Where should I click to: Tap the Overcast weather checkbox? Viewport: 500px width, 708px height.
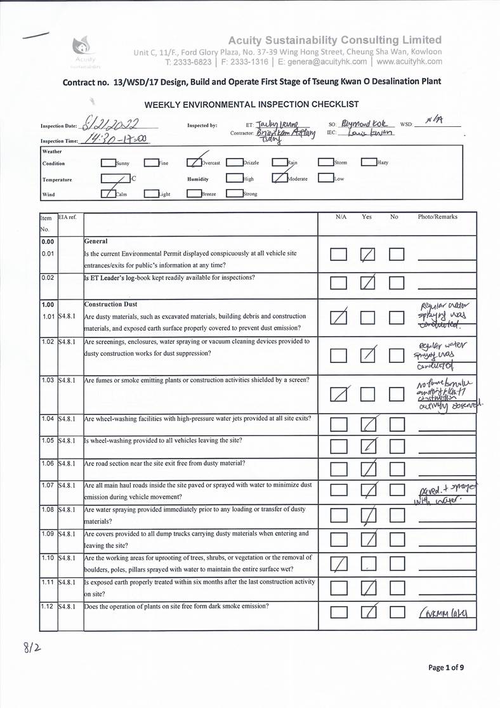click(x=194, y=162)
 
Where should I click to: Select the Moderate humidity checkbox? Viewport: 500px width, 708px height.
click(x=279, y=178)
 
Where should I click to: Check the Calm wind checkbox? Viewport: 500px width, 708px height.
click(x=109, y=193)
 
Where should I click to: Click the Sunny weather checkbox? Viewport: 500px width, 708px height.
click(x=109, y=162)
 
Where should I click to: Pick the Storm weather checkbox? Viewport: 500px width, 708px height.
click(x=326, y=162)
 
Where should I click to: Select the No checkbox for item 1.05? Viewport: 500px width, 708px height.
click(x=397, y=447)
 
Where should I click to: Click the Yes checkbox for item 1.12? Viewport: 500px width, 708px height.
click(x=367, y=613)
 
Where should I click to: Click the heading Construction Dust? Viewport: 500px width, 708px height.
click(x=111, y=305)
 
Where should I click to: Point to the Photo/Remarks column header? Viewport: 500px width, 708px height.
click(x=437, y=217)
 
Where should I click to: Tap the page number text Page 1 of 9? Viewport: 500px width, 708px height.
click(x=446, y=667)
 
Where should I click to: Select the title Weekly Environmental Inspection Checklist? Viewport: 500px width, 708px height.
click(x=251, y=104)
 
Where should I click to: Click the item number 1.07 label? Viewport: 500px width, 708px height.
click(x=48, y=485)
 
